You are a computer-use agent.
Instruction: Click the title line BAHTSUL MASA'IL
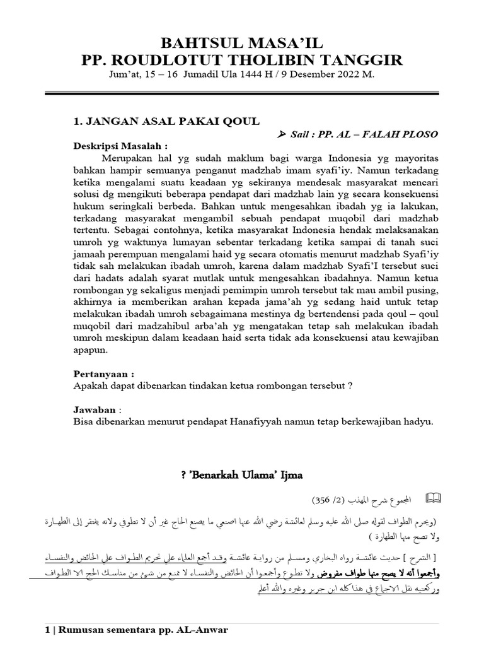[243, 44]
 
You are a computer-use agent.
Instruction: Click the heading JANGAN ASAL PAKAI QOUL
[166, 121]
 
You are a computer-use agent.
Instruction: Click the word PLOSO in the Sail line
[419, 135]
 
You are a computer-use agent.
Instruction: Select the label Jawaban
[95, 409]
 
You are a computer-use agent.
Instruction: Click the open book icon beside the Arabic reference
[434, 499]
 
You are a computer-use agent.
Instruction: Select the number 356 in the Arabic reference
[321, 500]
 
